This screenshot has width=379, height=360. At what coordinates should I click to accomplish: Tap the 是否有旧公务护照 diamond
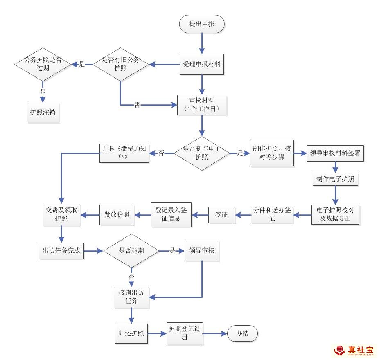pyautogui.click(x=120, y=64)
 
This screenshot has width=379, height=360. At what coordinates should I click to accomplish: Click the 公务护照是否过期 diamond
pyautogui.click(x=43, y=64)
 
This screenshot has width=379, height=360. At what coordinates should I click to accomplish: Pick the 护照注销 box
pyautogui.click(x=43, y=112)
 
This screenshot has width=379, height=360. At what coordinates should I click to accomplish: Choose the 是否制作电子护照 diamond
pyautogui.click(x=201, y=153)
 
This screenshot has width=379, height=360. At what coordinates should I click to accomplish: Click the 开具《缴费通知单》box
pyautogui.click(x=124, y=153)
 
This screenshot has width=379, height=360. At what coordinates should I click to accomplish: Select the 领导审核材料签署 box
pyautogui.click(x=335, y=153)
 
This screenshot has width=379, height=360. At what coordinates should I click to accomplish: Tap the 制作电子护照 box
pyautogui.click(x=335, y=179)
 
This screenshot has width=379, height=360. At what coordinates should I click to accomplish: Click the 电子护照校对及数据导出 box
pyautogui.click(x=335, y=214)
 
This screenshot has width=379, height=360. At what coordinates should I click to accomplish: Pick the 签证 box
pyautogui.click(x=221, y=214)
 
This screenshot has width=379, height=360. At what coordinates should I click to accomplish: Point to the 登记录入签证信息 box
pyautogui.click(x=171, y=214)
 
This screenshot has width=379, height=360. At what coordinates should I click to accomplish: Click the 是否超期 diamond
pyautogui.click(x=131, y=251)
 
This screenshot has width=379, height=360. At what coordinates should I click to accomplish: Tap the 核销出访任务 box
pyautogui.click(x=131, y=297)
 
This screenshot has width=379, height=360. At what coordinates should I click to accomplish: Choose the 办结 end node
pyautogui.click(x=242, y=334)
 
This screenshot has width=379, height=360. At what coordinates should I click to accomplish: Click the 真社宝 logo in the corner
pyautogui.click(x=354, y=350)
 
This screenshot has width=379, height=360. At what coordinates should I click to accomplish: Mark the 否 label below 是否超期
pyautogui.click(x=131, y=277)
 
